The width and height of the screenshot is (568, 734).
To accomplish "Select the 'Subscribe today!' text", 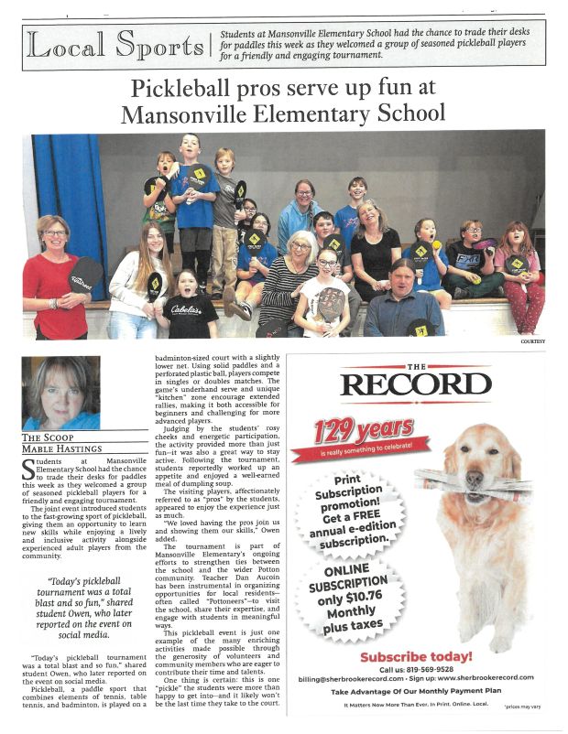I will tap(415, 656).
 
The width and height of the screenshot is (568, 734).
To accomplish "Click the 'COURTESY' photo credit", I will tap(532, 341).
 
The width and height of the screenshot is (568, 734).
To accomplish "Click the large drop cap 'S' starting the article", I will tap(27, 470).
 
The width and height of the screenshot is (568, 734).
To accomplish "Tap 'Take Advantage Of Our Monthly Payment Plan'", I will tap(415, 693).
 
